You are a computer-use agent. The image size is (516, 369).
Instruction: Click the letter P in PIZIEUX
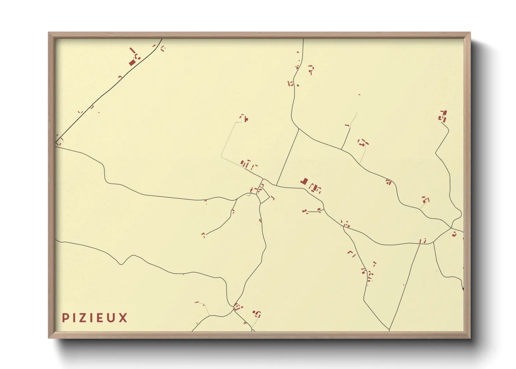[x=65, y=318]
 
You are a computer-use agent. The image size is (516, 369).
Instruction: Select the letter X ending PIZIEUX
[x=123, y=318]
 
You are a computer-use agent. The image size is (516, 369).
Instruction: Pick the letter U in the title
[x=112, y=318]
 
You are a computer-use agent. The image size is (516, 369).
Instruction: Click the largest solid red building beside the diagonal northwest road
[x=132, y=62]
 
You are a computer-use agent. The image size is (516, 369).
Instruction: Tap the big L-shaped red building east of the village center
[x=304, y=181]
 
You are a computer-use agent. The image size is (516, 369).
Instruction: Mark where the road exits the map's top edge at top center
[x=303, y=39]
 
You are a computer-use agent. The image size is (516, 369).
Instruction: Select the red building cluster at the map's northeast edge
[x=443, y=116]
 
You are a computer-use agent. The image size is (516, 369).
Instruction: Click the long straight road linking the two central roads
[x=288, y=157]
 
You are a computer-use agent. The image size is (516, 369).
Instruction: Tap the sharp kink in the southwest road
[x=121, y=263]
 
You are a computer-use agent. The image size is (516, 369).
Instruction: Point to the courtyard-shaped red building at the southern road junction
[x=238, y=307]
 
